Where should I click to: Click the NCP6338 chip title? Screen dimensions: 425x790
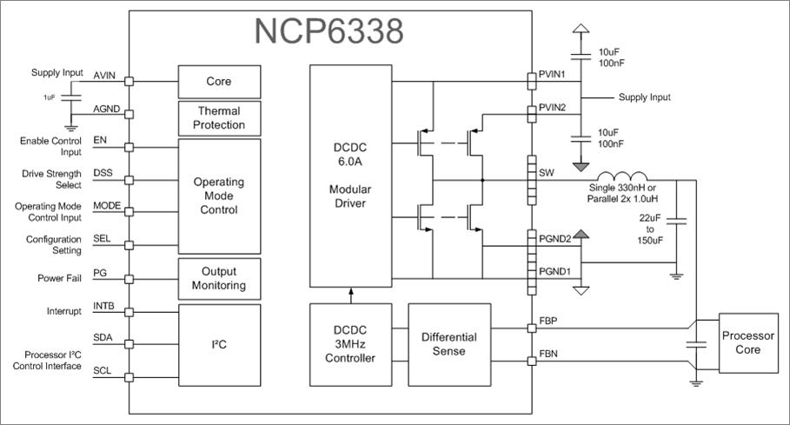(329, 32)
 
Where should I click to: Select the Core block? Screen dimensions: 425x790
(219, 81)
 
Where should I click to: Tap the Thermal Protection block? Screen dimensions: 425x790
(219, 118)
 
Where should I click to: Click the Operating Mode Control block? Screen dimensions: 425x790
(219, 196)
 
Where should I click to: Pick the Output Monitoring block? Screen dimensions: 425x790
(219, 278)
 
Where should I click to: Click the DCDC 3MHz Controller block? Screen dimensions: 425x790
(350, 345)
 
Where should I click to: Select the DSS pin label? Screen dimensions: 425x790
(103, 173)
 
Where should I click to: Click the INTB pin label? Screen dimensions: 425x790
(104, 306)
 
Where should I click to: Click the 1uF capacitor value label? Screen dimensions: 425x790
(50, 97)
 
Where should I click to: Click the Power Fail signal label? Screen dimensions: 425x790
(62, 280)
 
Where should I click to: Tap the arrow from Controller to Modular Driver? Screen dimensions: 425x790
(350, 295)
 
